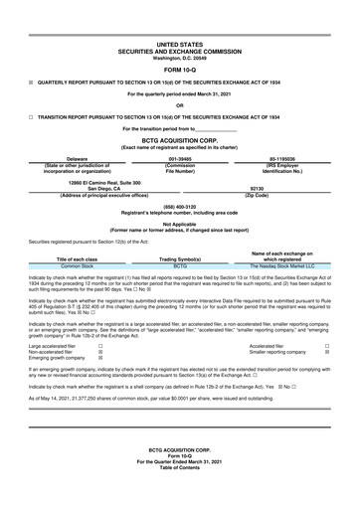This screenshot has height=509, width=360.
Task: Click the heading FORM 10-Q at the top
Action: coord(180,69)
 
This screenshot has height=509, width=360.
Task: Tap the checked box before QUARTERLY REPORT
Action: coord(31,83)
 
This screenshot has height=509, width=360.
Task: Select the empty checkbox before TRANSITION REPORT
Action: coord(31,116)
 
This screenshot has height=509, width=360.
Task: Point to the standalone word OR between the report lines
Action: coord(180,105)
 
